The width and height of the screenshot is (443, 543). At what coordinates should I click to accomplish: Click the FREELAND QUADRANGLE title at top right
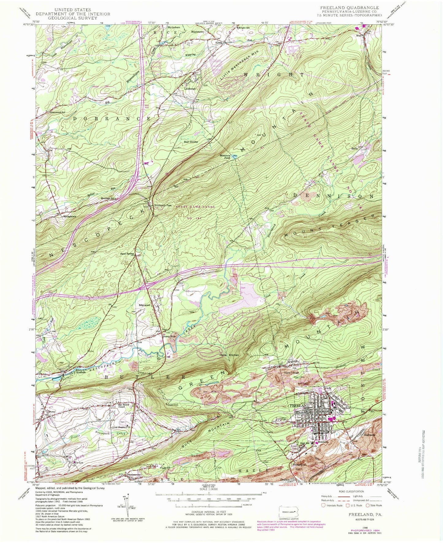click(349, 8)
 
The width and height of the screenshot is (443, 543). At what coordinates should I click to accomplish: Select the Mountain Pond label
click(225, 157)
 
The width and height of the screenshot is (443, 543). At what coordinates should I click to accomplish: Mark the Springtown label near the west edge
click(70, 217)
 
